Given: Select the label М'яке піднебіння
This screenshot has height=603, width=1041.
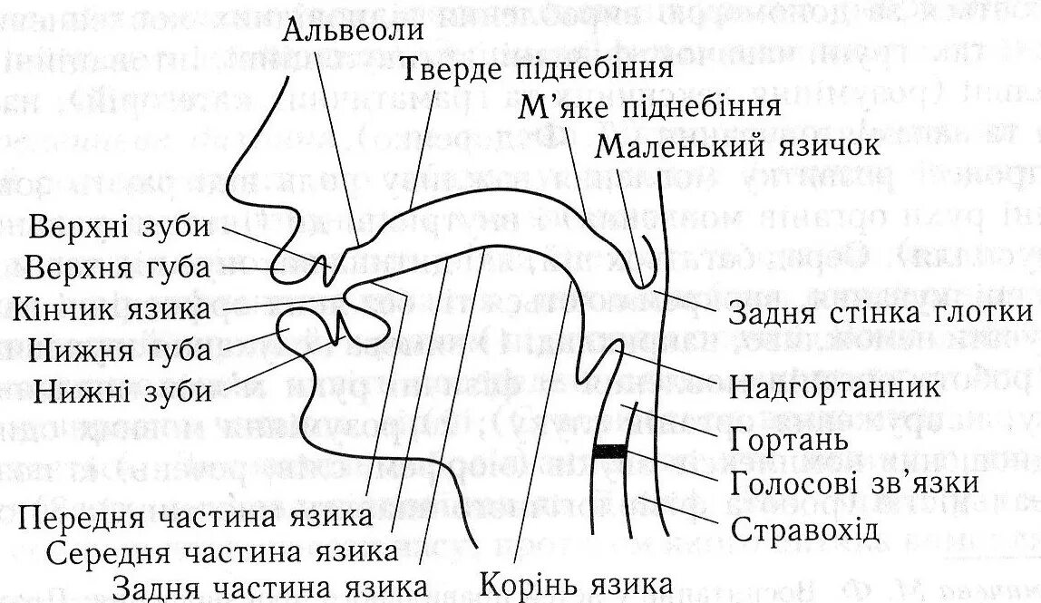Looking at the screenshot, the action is pos(650,106).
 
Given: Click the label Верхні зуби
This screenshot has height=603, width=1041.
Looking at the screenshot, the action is pos(119,228).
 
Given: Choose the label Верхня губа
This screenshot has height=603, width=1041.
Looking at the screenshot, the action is pos(118,268).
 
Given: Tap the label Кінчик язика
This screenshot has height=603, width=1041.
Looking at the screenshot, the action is pos(113,308).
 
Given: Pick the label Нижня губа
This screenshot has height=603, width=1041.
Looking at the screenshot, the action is pos(122,349).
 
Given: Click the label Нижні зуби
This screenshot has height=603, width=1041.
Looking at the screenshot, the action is pos(123,391).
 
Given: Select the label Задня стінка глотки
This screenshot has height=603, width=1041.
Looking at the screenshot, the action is pos(880,314).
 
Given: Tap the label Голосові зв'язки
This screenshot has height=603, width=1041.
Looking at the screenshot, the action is pos(853,481).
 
